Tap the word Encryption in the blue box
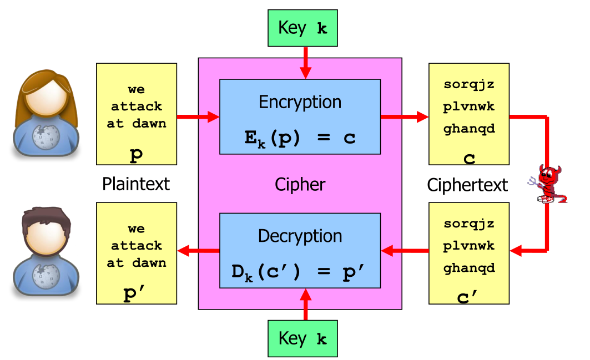click(300, 102)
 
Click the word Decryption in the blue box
click(300, 236)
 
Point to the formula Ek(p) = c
click(300, 138)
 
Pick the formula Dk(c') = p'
click(300, 272)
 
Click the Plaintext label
click(136, 184)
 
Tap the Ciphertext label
click(467, 185)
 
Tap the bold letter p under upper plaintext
click(136, 156)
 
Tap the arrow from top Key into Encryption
click(305, 63)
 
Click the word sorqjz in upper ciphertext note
click(468, 85)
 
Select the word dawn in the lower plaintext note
click(149, 263)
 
